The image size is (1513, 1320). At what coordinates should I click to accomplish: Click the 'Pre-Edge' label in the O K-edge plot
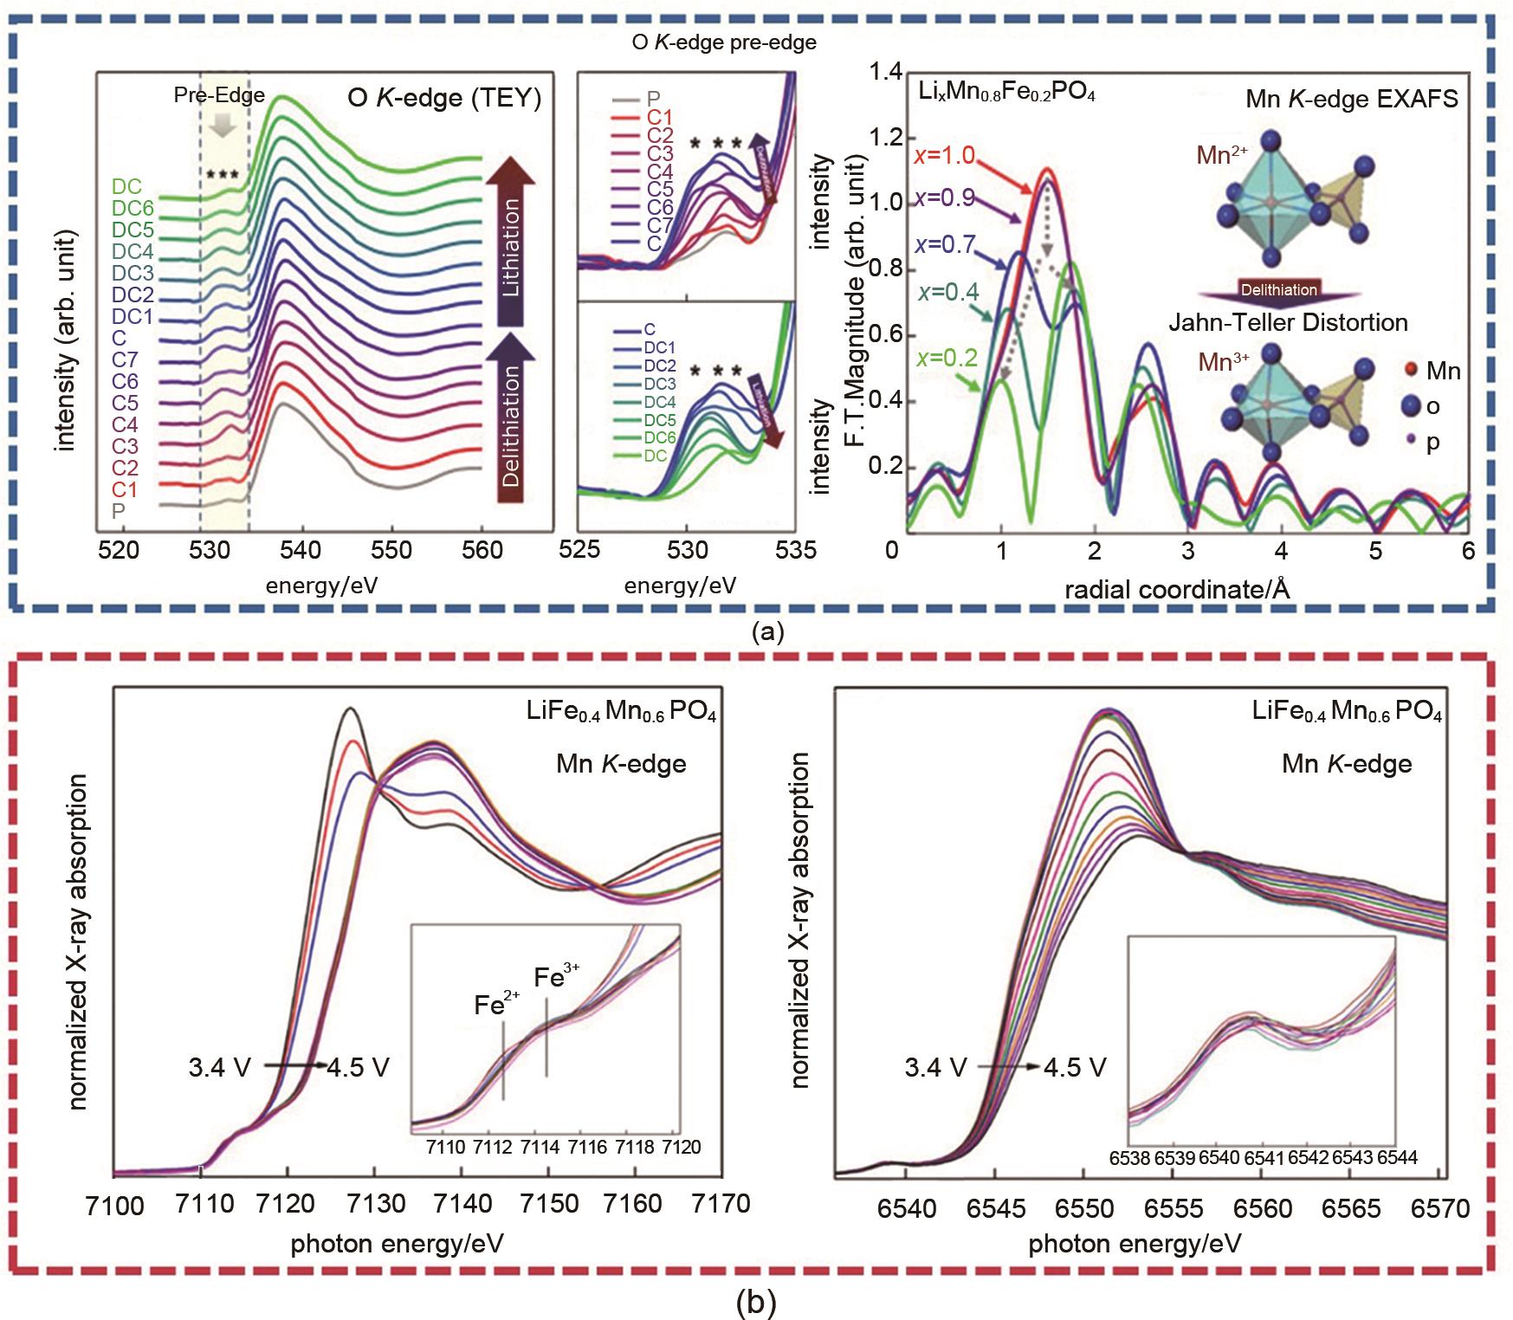(219, 95)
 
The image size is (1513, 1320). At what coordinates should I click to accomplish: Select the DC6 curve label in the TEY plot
(133, 209)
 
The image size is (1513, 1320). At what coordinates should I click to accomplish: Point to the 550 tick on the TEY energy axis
(391, 551)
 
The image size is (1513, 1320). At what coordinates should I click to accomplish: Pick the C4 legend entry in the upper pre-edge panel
(659, 172)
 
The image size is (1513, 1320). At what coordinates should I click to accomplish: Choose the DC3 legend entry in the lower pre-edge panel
(660, 384)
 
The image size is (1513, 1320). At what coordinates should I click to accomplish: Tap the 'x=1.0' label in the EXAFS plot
(944, 155)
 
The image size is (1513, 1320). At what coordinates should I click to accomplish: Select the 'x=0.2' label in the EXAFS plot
(947, 357)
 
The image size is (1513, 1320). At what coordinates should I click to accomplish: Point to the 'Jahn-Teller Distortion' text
(1288, 323)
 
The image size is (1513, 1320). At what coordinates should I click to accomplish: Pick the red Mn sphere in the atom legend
(1411, 371)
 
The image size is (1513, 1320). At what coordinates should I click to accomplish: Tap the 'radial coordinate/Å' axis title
(1177, 590)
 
